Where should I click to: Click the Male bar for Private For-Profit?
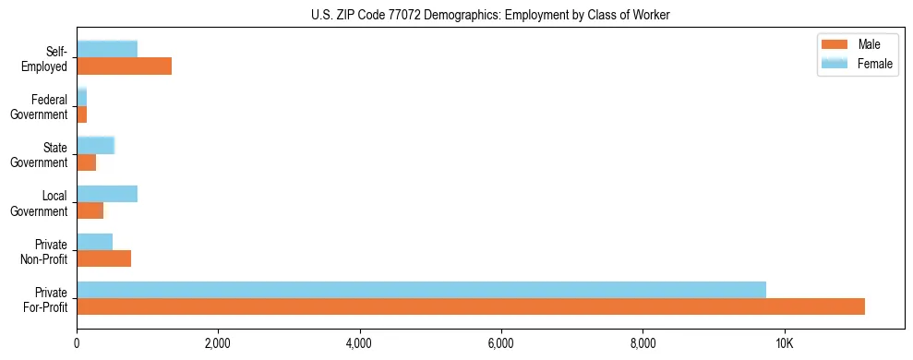[x=471, y=306]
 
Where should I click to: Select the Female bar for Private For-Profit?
[x=421, y=290]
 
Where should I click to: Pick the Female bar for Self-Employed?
[x=107, y=49]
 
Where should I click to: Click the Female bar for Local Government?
[x=107, y=194]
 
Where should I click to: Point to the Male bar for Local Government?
[x=90, y=210]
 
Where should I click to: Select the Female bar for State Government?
[x=95, y=145]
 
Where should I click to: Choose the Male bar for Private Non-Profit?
[x=103, y=258]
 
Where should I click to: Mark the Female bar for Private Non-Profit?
[x=94, y=242]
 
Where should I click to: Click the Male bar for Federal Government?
[x=81, y=114]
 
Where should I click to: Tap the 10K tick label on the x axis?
[x=784, y=343]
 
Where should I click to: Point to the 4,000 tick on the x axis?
[x=359, y=343]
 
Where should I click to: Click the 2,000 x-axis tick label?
[x=218, y=343]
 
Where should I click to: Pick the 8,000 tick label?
[x=643, y=343]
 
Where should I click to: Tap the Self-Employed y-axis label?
[x=43, y=58]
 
